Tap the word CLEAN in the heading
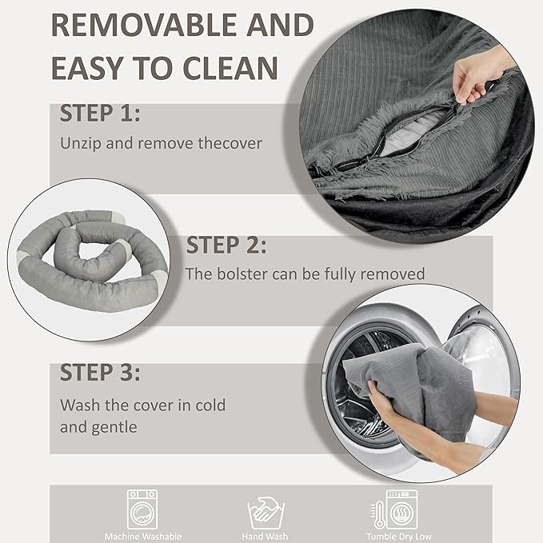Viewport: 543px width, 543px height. click(x=230, y=68)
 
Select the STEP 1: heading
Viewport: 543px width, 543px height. click(x=100, y=114)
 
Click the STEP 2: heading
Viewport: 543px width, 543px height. click(x=226, y=246)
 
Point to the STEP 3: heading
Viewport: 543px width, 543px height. click(x=100, y=373)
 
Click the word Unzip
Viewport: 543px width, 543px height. click(x=81, y=144)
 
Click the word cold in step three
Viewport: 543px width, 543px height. click(x=210, y=405)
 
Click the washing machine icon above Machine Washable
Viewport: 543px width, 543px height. click(x=142, y=509)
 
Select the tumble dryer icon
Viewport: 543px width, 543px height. click(x=401, y=509)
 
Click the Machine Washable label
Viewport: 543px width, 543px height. click(x=143, y=537)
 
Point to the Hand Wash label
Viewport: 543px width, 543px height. click(x=265, y=537)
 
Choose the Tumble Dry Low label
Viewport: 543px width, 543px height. click(x=399, y=537)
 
